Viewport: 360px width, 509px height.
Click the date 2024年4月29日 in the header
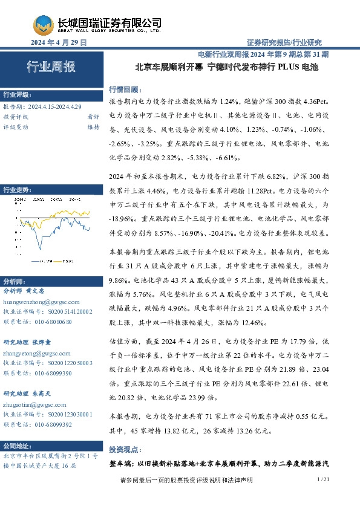[59, 43]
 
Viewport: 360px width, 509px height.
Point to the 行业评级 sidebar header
[17, 95]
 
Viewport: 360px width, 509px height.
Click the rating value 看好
[93, 117]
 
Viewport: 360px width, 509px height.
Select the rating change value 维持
[93, 127]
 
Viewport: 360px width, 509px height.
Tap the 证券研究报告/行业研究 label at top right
[284, 42]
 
